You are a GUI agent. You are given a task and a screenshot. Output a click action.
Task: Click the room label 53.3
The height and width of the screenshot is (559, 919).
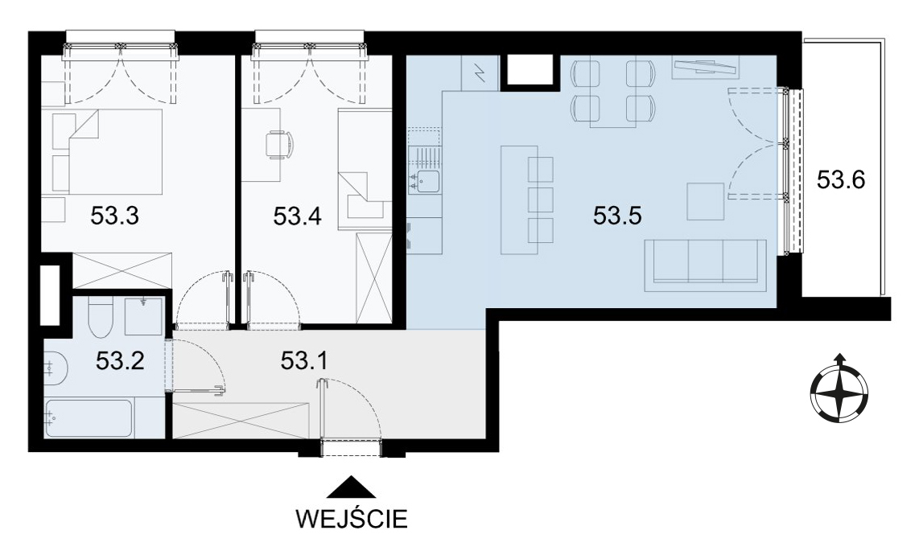point(114,216)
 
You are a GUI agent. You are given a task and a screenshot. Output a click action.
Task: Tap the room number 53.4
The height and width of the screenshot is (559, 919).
point(298,217)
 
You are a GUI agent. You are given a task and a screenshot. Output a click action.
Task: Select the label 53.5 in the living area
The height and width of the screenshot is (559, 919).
point(618,216)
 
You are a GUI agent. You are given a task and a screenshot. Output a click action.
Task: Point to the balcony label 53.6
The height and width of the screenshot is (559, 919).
point(841,179)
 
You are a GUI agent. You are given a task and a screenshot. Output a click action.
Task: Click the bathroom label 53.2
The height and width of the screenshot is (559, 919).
point(120,361)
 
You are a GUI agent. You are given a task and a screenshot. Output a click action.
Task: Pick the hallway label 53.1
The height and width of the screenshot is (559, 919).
point(304,361)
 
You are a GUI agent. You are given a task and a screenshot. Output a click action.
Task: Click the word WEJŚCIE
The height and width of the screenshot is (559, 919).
point(352,519)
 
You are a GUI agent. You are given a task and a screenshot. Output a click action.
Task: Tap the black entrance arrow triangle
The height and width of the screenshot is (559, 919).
point(351,487)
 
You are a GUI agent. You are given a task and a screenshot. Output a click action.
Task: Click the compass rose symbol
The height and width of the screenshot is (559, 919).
point(839,388)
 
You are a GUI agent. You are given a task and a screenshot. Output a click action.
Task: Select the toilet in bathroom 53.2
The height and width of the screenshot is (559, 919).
point(97,317)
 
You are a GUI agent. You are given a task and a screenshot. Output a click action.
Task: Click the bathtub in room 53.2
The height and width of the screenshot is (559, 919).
point(89,417)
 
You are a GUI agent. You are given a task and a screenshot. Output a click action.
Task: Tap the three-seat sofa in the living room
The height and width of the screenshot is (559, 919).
point(705,265)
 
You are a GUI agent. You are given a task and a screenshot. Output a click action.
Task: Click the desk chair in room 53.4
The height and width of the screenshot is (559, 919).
point(278,143)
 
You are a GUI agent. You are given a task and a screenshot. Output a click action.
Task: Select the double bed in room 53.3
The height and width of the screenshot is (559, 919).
point(107,151)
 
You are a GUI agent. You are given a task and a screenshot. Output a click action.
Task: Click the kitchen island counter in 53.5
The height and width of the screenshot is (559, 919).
point(519,199)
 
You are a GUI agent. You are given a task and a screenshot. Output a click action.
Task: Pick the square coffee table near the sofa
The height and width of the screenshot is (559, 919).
point(706,202)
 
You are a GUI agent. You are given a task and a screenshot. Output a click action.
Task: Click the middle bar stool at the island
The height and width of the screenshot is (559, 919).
point(541,199)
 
